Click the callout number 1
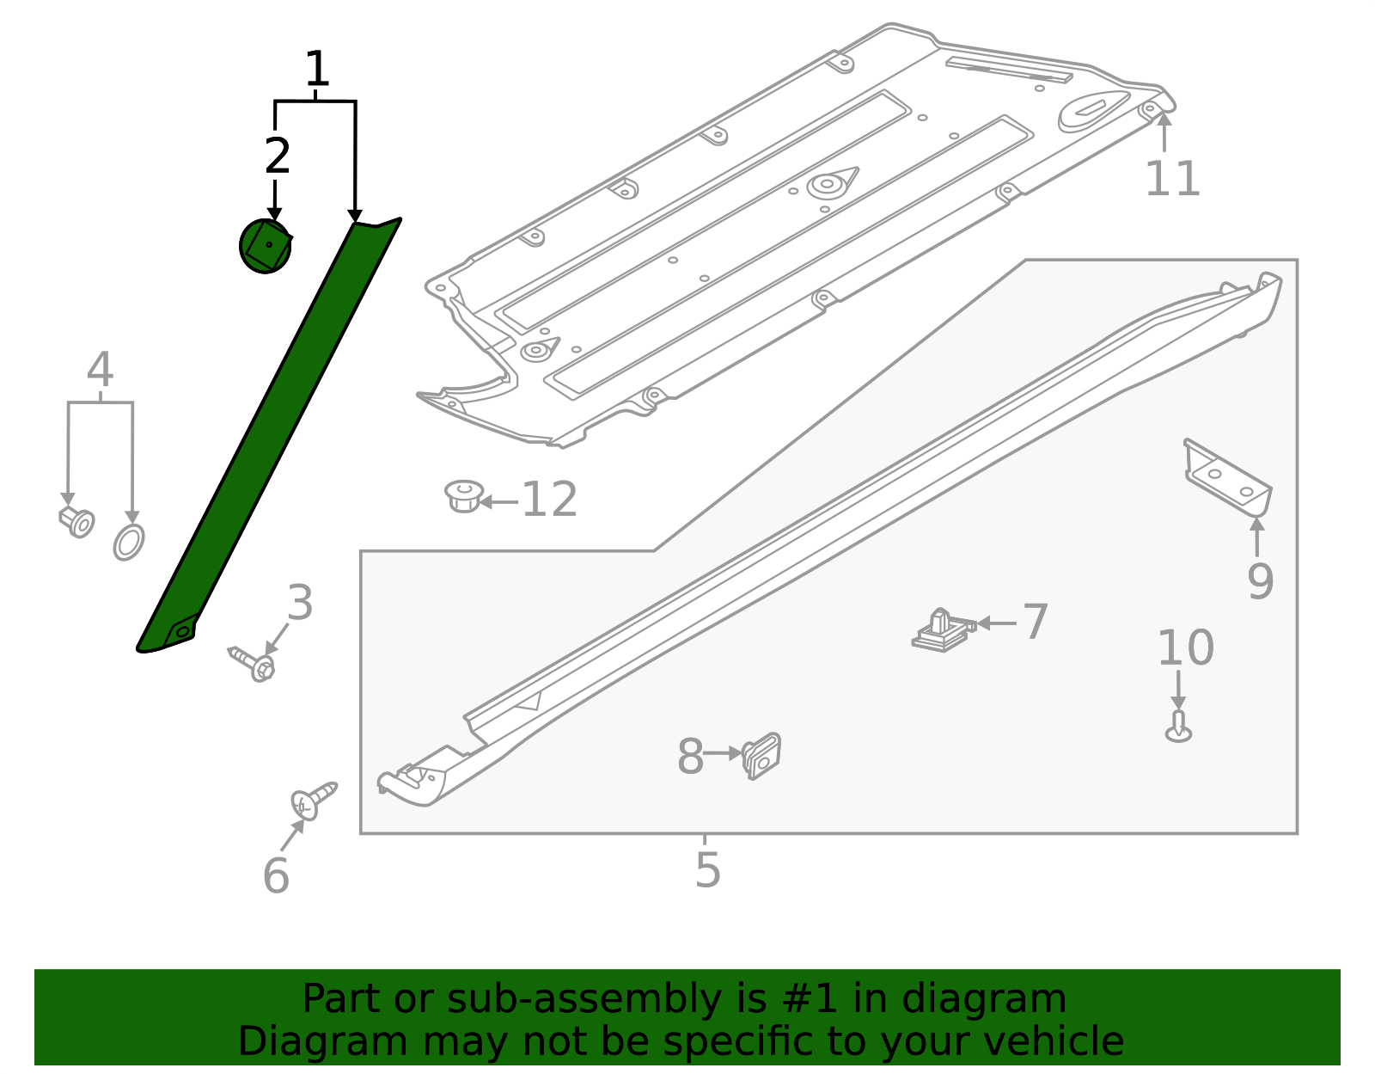click(x=317, y=70)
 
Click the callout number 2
click(x=277, y=156)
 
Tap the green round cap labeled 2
click(x=265, y=247)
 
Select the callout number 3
click(x=300, y=603)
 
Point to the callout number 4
click(x=100, y=371)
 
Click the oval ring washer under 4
click(x=129, y=542)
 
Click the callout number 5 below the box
click(x=707, y=869)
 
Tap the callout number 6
click(x=276, y=875)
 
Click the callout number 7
click(x=1036, y=622)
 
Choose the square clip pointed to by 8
click(x=761, y=756)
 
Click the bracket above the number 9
click(x=1227, y=478)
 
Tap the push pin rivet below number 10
click(x=1178, y=727)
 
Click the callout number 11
click(x=1172, y=179)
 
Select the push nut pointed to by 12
click(x=464, y=497)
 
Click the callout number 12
click(x=549, y=500)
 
